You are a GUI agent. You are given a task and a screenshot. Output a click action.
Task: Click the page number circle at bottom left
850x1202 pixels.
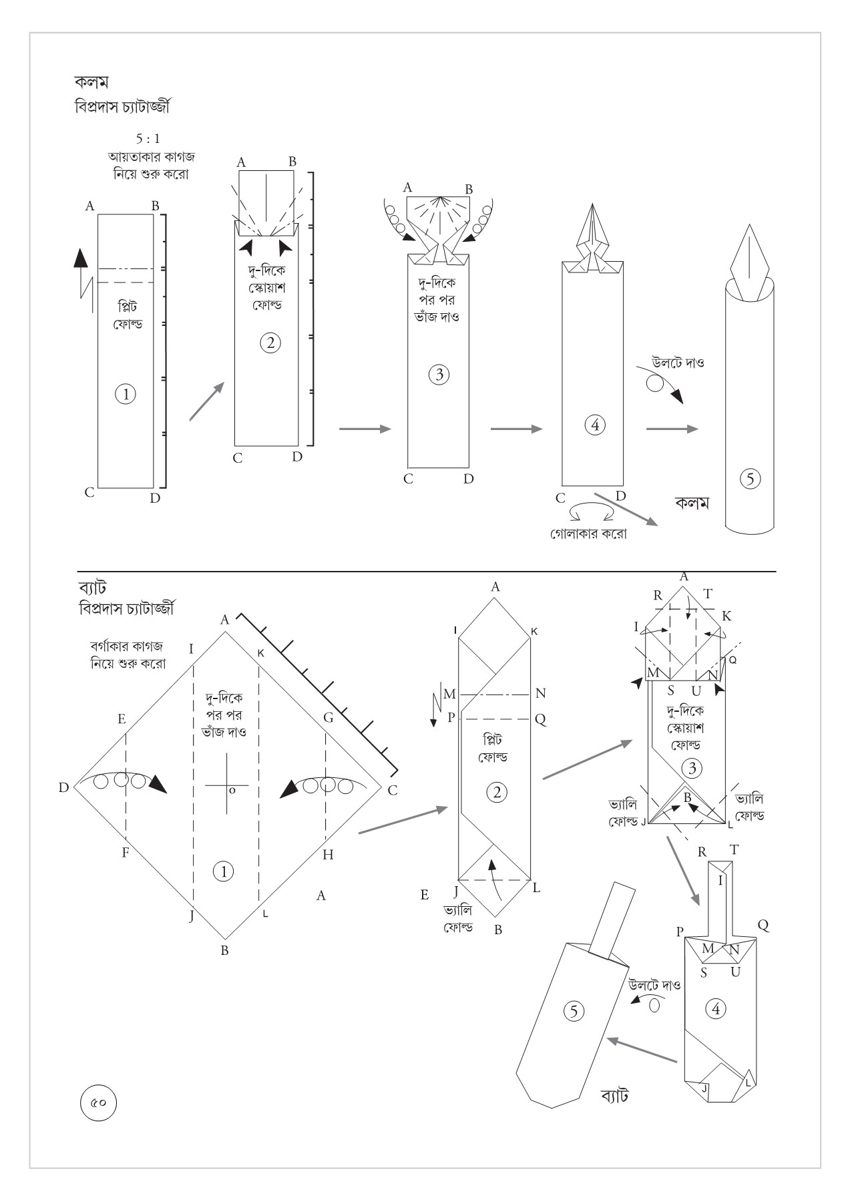click(98, 1103)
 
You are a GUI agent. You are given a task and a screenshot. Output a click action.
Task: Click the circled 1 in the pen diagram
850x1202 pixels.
click(126, 394)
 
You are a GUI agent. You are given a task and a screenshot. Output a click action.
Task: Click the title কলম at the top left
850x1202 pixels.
click(91, 82)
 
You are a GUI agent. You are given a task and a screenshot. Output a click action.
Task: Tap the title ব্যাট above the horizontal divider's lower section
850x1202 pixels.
click(92, 588)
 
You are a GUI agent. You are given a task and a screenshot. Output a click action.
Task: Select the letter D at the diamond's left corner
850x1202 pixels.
click(63, 788)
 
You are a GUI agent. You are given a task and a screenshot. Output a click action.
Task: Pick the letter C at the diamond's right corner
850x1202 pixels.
click(393, 791)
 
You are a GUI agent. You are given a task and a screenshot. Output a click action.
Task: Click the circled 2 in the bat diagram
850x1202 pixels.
click(497, 793)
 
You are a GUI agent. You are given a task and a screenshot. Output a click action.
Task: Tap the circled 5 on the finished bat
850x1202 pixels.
click(574, 1011)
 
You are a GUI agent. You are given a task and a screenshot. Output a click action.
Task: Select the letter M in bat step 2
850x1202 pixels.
click(449, 694)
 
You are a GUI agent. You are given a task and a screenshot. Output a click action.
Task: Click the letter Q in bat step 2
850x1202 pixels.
click(540, 719)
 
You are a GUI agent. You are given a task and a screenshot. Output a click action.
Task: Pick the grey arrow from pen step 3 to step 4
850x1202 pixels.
click(515, 429)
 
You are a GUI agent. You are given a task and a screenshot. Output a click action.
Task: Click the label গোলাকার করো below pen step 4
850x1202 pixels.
click(588, 534)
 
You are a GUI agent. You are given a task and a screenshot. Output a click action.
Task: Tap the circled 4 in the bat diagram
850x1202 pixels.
click(716, 1008)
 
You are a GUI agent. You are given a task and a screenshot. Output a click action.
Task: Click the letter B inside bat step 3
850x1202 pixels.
click(687, 797)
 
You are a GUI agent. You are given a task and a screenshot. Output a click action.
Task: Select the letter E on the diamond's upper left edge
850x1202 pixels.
click(122, 719)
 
